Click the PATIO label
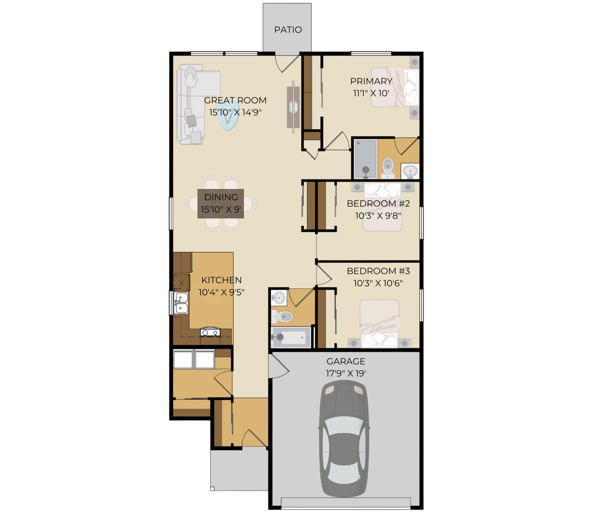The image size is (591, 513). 288,30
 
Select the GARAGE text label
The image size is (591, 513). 346,361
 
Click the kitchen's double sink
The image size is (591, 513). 181,303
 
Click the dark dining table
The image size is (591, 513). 221,203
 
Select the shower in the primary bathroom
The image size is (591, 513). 366,159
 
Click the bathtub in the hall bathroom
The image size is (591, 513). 291,337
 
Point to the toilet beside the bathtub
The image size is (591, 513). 282,316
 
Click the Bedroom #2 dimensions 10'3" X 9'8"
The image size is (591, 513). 378,216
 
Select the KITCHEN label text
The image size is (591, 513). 221,280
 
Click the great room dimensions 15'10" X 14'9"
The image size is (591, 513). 235,112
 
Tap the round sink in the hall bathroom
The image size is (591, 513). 279,297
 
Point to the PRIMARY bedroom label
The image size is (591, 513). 371,81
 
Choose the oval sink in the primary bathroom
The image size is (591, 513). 410,171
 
